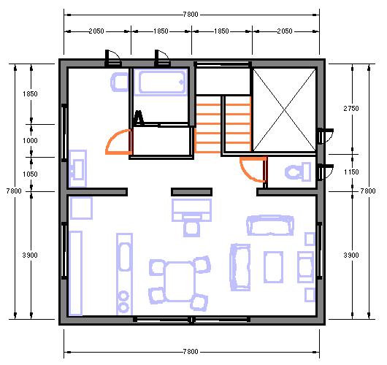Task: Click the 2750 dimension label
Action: (x=351, y=108)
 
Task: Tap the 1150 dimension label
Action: (x=351, y=172)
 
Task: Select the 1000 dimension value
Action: (x=30, y=141)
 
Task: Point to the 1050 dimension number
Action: (x=30, y=174)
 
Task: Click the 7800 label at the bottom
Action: (x=191, y=351)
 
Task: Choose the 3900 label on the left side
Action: (x=30, y=255)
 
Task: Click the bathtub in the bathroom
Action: (x=161, y=82)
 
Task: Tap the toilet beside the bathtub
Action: (x=120, y=82)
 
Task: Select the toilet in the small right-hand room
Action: (x=298, y=172)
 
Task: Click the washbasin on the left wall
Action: (x=77, y=169)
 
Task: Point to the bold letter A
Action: (x=139, y=118)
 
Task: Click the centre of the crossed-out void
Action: (x=284, y=109)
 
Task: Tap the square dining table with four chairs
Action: (x=180, y=282)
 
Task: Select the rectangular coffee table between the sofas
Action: (x=273, y=266)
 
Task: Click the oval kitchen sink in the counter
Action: (x=125, y=257)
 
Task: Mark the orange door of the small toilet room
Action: (x=253, y=169)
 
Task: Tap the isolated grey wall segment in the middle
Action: (x=191, y=192)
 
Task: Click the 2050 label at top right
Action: (x=285, y=31)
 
